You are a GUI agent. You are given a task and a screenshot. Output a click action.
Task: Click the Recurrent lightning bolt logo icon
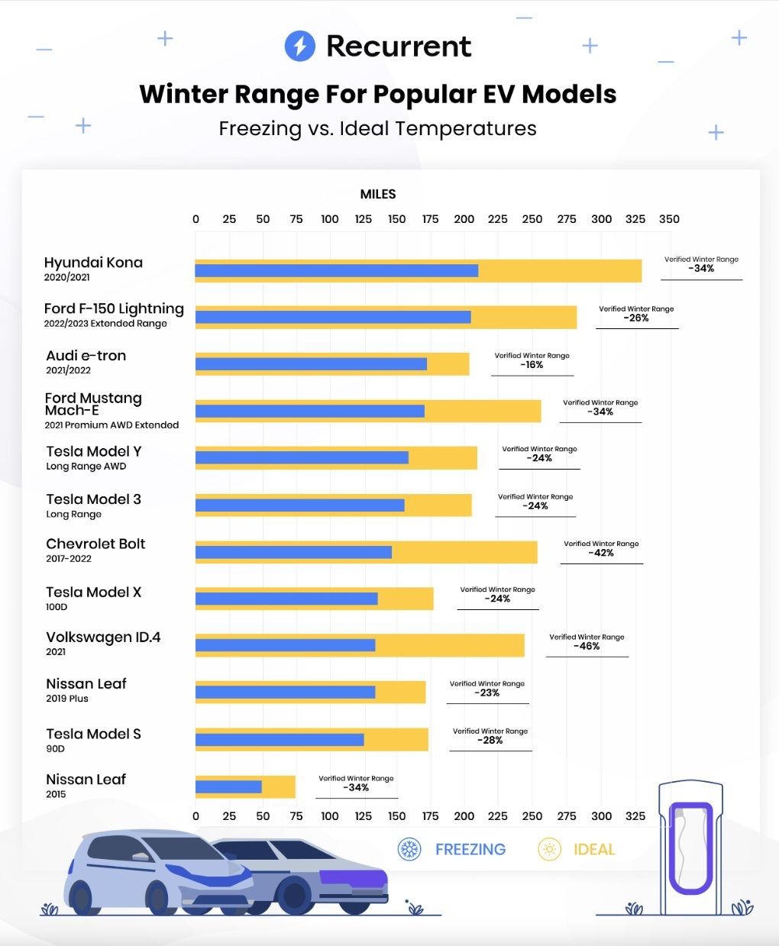click(x=299, y=46)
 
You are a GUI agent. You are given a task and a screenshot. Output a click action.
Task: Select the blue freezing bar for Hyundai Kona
click(x=336, y=271)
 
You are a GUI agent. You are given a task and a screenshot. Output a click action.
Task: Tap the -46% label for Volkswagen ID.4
click(x=587, y=646)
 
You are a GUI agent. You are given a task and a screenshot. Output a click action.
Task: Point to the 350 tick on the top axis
click(x=669, y=219)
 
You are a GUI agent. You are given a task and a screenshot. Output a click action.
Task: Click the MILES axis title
click(x=378, y=194)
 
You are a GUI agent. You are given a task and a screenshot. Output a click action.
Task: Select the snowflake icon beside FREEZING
click(x=410, y=849)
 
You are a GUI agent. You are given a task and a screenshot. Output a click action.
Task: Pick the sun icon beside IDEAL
click(x=549, y=849)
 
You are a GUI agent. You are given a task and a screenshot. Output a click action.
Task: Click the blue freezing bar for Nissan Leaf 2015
click(x=228, y=787)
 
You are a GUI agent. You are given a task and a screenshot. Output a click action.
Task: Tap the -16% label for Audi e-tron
click(x=532, y=365)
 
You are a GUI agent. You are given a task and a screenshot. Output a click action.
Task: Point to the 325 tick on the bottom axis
click(x=635, y=816)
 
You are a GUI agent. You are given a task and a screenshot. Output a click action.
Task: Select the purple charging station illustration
click(x=690, y=848)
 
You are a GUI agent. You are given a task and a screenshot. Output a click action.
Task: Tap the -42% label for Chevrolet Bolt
click(x=602, y=553)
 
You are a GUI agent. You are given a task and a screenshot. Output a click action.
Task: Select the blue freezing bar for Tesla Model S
click(x=280, y=740)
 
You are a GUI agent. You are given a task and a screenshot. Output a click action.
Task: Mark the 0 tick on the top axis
click(x=196, y=219)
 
